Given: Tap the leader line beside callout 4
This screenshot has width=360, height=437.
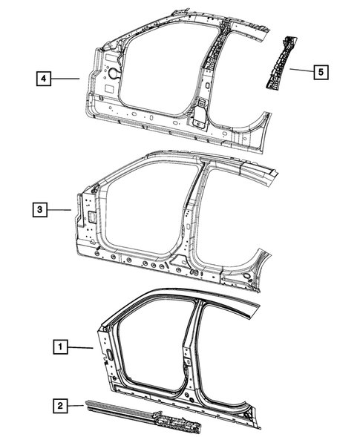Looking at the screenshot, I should click(67, 77).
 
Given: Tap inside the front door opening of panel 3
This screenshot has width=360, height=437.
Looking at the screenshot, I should click(145, 208).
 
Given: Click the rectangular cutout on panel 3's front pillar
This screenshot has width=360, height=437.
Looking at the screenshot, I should click(86, 217).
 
